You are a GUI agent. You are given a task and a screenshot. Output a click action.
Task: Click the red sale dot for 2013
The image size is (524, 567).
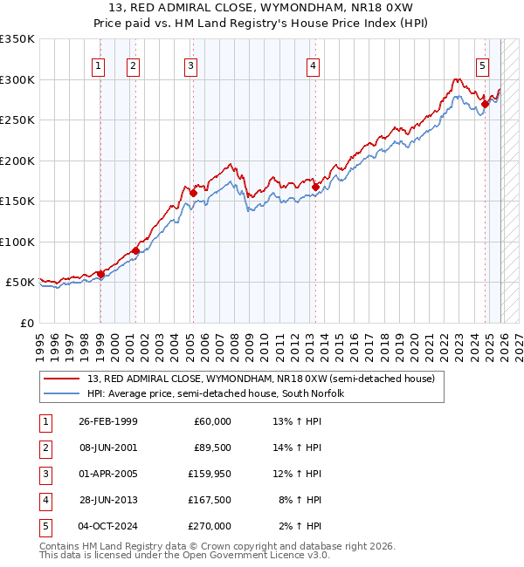(315, 186)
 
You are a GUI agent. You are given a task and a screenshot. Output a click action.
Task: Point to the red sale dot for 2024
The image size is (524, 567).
(485, 104)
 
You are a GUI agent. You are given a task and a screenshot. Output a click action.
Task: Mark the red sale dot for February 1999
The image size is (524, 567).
(100, 274)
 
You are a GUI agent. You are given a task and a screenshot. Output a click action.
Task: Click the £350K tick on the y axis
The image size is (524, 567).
(17, 39)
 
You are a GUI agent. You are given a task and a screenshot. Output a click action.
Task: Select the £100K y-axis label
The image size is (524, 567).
(17, 242)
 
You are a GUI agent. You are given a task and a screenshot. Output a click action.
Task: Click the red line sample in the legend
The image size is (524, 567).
(63, 379)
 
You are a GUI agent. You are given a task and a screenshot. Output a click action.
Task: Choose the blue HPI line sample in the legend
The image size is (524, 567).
(63, 393)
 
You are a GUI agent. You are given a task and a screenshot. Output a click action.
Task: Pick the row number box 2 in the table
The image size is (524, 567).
(45, 447)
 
